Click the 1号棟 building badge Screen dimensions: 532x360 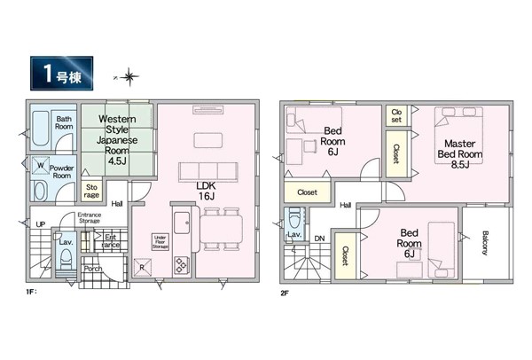click(62, 74)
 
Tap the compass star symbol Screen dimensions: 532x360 click(129, 77)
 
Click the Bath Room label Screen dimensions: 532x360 click(64, 122)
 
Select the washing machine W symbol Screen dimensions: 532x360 click(41, 166)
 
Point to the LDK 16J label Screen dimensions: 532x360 click(207, 191)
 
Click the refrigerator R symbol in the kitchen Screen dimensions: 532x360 click(142, 268)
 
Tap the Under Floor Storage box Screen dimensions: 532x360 click(160, 242)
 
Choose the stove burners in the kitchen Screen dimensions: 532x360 click(181, 265)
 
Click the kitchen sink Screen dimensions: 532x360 click(182, 223)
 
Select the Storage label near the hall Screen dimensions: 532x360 click(91, 191)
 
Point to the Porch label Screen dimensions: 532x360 click(93, 269)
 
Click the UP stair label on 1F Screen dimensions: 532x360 click(41, 224)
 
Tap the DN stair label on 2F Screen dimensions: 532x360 click(319, 239)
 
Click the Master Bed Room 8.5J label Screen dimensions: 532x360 click(459, 154)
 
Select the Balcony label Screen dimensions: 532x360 click(485, 243)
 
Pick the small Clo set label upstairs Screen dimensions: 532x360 click(396, 115)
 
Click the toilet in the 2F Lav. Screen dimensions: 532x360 click(294, 218)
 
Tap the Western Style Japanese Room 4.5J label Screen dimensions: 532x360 click(117, 140)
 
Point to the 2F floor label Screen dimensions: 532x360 click(285, 293)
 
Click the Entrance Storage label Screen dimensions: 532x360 click(90, 217)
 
